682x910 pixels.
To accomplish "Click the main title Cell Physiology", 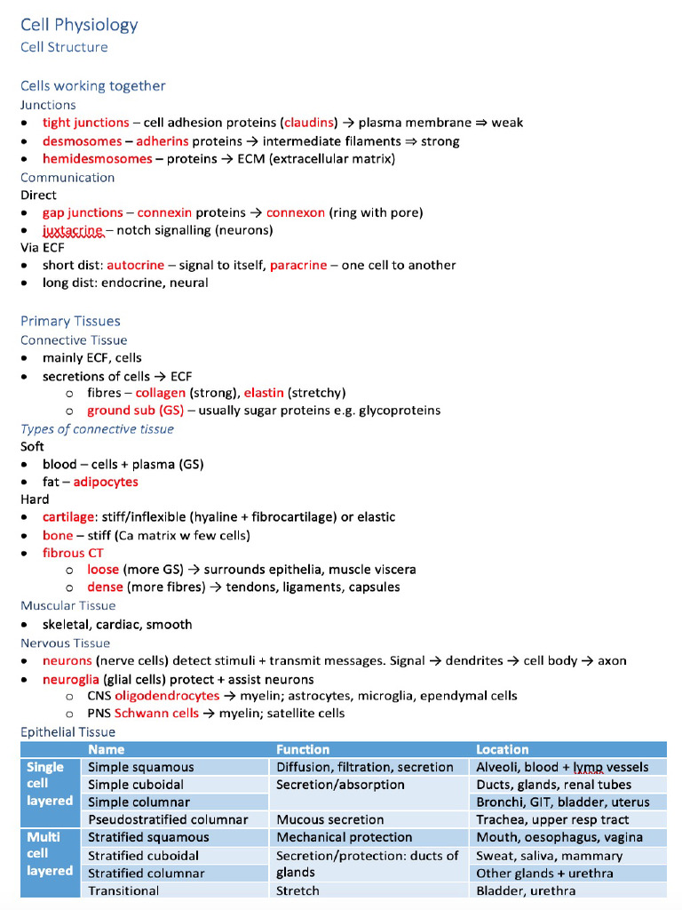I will [79, 24].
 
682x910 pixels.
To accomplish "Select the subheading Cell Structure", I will [64, 47].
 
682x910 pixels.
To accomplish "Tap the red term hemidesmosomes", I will [97, 159].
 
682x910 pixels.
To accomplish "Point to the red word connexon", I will [296, 212].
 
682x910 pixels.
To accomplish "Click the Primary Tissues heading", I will [70, 321].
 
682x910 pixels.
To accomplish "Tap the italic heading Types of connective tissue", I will [97, 429].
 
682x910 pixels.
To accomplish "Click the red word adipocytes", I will [106, 482].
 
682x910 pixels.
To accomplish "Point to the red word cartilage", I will [68, 516].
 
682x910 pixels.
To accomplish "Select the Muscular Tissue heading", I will [68, 605].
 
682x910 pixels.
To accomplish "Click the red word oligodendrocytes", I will [167, 696].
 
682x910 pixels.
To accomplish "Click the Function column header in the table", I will [303, 749].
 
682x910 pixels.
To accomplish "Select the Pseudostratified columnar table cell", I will [168, 819].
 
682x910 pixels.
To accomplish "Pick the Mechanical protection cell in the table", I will [345, 837].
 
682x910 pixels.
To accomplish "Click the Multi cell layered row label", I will [50, 854].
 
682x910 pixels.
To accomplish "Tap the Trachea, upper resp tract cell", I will [552, 819].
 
